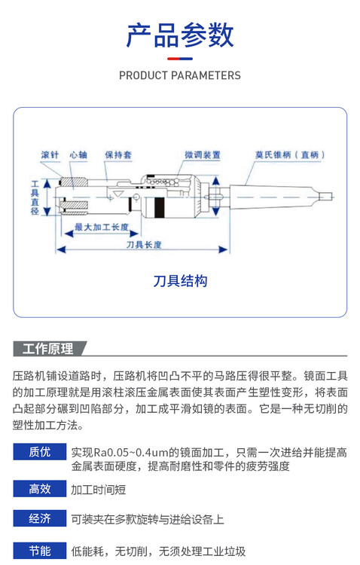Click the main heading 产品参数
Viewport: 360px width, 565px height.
[180, 35]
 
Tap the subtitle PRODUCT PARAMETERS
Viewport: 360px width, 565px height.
[180, 75]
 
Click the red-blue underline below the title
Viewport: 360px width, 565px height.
[180, 59]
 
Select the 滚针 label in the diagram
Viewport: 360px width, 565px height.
[50, 155]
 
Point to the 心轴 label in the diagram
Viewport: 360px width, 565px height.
[78, 155]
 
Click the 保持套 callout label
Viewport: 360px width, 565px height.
[118, 155]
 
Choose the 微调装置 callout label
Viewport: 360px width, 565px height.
[203, 155]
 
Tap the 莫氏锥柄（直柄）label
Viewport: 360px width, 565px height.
[290, 155]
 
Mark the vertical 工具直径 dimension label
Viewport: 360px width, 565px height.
[35, 197]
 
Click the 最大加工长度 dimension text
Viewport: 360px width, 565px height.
[102, 227]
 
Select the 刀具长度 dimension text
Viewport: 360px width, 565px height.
[144, 245]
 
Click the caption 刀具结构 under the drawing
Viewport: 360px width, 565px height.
[180, 281]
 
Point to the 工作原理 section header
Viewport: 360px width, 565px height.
[48, 349]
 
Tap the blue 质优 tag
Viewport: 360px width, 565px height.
[40, 452]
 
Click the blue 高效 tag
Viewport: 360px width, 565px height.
[40, 489]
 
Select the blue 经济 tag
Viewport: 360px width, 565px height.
[40, 518]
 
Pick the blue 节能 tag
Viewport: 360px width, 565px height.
[40, 550]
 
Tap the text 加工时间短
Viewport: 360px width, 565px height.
[99, 490]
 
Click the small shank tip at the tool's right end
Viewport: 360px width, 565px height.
[326, 197]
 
